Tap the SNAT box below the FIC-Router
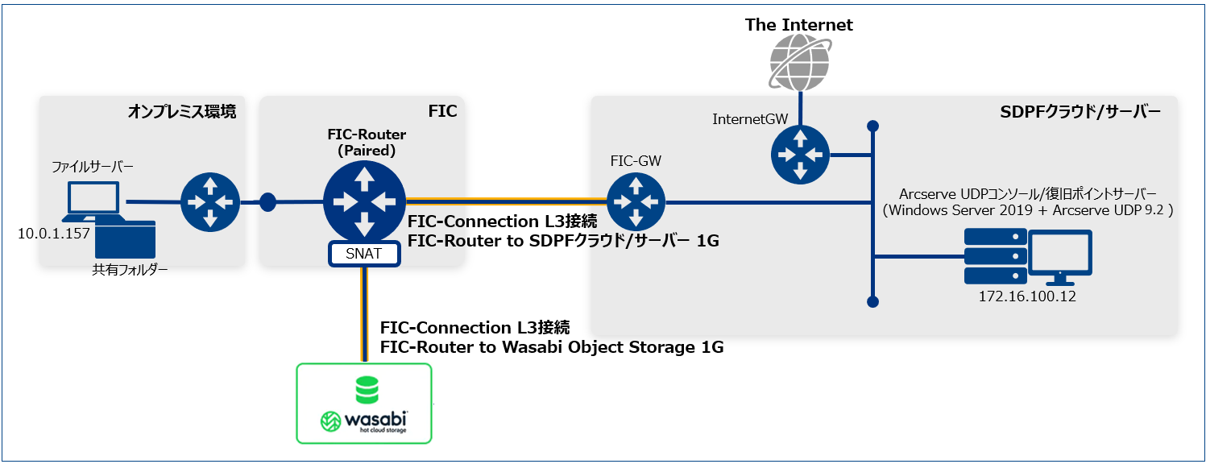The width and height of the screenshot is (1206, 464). [x=364, y=255]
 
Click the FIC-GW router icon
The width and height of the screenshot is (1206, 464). [x=636, y=201]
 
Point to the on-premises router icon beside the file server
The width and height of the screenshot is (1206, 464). [x=209, y=201]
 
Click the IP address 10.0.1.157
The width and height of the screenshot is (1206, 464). [x=53, y=234]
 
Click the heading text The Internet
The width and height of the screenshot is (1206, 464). [x=798, y=25]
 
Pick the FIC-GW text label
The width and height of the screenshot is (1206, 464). [x=636, y=161]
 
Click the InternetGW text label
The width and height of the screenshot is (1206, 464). [x=750, y=119]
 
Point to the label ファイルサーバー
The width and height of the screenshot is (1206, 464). [x=92, y=167]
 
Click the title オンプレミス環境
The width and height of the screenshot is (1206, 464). [x=181, y=112]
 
